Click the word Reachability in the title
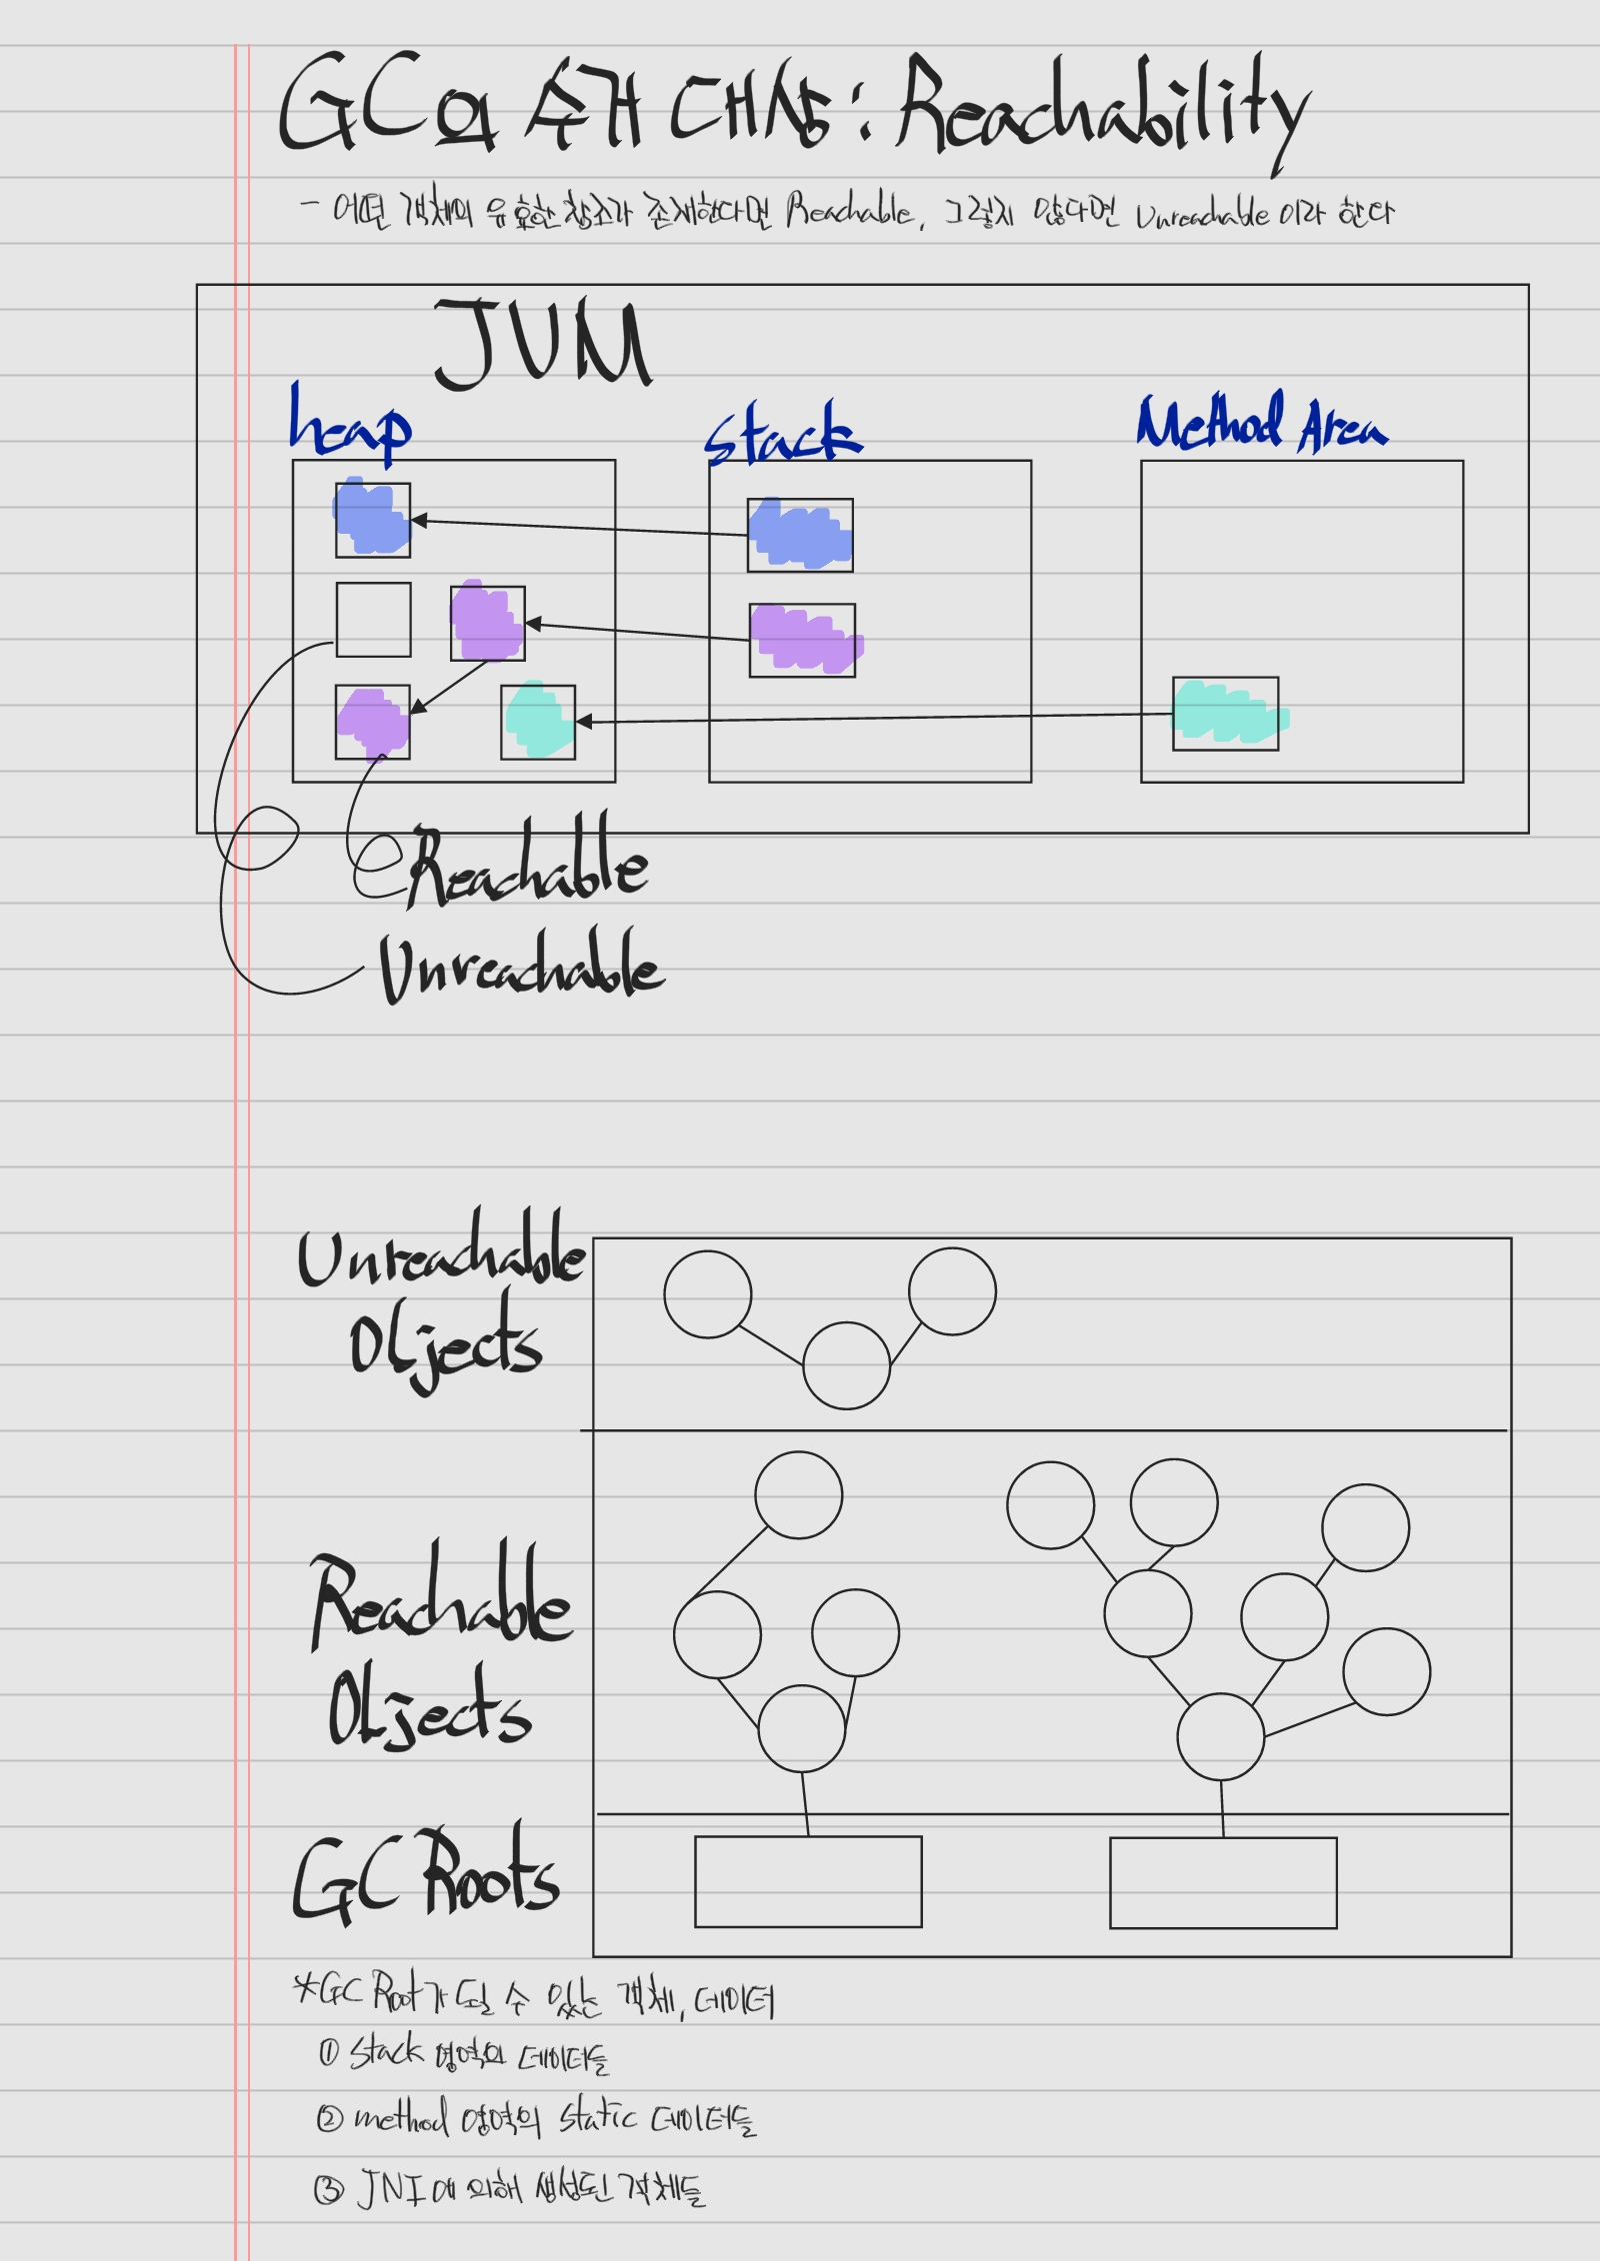(1100, 110)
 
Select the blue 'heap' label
(349, 424)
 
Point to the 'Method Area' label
(1262, 424)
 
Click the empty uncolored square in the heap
(373, 620)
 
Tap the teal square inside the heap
(538, 722)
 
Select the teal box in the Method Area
(1225, 714)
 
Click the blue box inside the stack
(800, 535)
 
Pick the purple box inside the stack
(802, 640)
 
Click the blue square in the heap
(373, 520)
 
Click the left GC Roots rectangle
(808, 1881)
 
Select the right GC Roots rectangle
(1223, 1882)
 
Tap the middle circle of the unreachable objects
(846, 1365)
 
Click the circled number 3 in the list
(328, 2190)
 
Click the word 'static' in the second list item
(597, 2117)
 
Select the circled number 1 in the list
(329, 2052)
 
